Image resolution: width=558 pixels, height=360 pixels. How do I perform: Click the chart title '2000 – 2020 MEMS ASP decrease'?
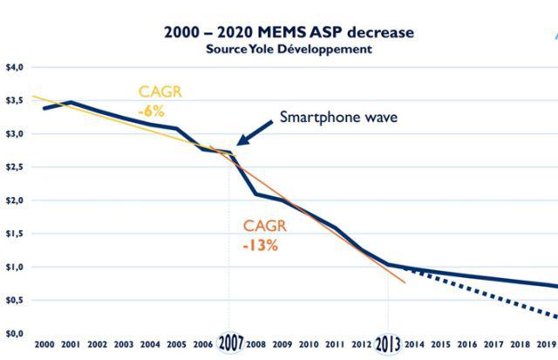pos(289,33)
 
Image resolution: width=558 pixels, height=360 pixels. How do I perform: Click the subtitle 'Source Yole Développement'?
pos(289,50)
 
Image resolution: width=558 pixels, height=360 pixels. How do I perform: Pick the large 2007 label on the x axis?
pos(230,343)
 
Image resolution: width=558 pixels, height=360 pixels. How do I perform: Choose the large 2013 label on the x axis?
pos(388,343)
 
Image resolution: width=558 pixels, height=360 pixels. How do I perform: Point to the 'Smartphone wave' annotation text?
pos(338,117)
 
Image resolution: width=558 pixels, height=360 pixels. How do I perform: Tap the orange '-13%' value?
pos(260,245)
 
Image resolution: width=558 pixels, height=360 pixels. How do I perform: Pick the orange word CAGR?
pos(264,227)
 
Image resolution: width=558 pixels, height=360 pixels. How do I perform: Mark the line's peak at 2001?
pos(71,102)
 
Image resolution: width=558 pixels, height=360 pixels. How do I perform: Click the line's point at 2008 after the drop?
pos(255,194)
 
